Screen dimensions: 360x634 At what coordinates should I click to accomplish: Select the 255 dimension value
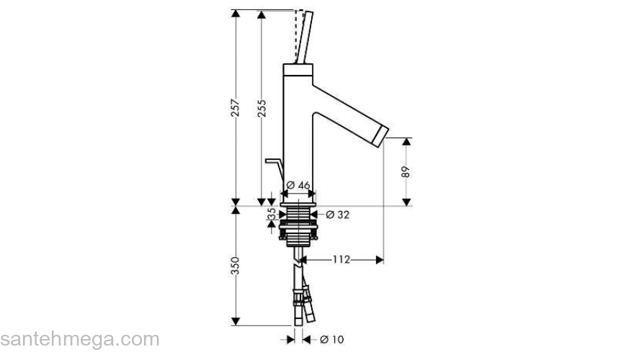coord(262,107)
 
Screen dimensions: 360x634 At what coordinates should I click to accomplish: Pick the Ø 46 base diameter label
coord(298,186)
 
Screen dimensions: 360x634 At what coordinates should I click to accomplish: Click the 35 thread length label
coord(271,215)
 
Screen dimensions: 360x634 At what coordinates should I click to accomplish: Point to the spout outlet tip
coord(381,134)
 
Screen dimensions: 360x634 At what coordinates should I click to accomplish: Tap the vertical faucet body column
coord(298,130)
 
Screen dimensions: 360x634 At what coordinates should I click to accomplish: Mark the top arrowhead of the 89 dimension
coord(406,142)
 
